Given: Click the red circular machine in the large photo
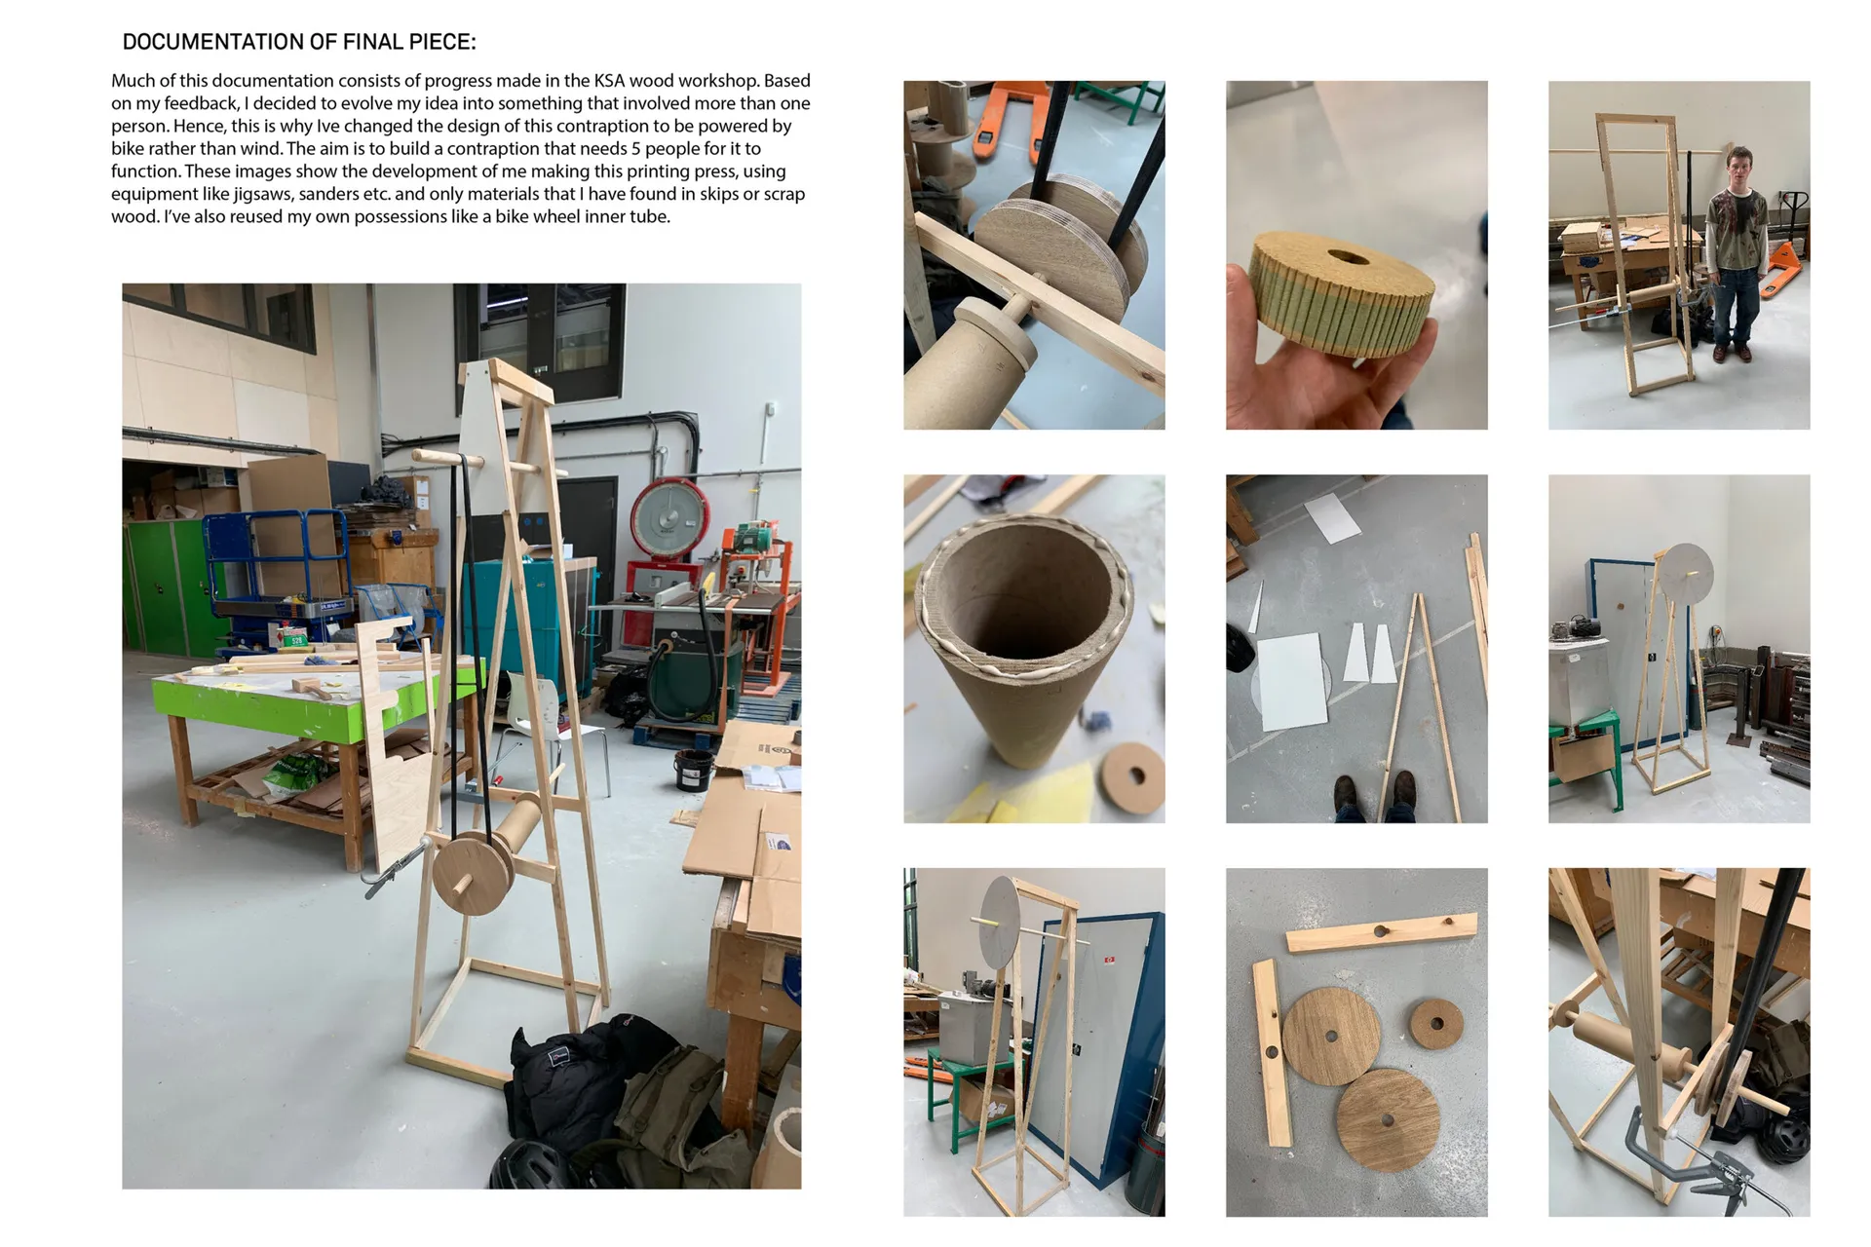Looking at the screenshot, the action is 668,519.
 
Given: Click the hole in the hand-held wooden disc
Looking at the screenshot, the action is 1347,257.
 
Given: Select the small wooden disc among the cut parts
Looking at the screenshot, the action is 1435,1024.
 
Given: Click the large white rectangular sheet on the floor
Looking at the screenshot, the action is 1291,681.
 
